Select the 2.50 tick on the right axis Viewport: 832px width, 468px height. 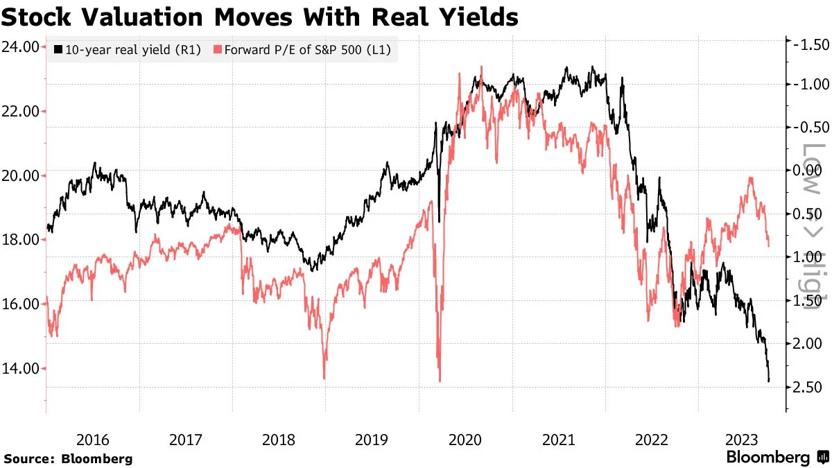(x=808, y=387)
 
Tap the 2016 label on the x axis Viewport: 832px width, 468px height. (x=92, y=440)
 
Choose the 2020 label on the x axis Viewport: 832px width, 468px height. (x=465, y=440)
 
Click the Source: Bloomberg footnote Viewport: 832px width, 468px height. (x=68, y=458)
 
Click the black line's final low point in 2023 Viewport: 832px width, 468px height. (x=769, y=380)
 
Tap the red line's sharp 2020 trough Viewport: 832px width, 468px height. (x=440, y=380)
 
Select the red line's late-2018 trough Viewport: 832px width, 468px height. (x=324, y=377)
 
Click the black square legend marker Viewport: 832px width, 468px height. (x=59, y=50)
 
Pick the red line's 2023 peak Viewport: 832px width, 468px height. (x=750, y=178)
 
